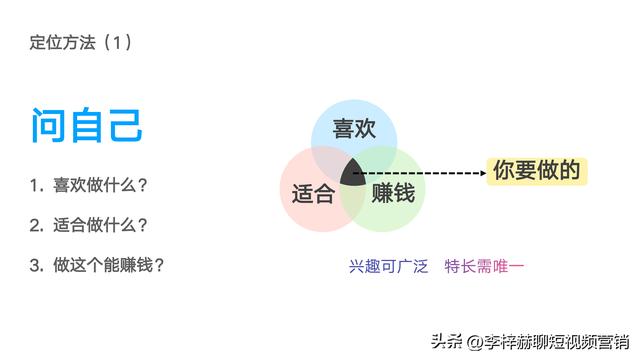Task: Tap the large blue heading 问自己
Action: click(86, 126)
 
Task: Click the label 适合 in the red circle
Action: click(313, 193)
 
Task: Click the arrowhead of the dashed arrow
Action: click(479, 173)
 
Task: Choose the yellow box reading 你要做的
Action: click(536, 171)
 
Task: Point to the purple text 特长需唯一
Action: click(484, 266)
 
